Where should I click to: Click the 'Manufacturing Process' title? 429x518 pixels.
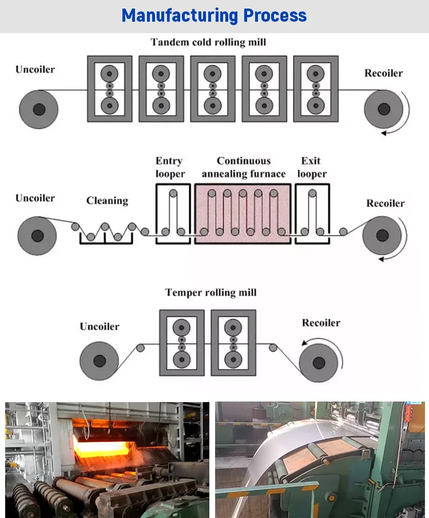coord(214,16)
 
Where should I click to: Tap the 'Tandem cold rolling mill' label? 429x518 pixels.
coord(208,42)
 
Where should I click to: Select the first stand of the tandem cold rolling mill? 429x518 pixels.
coord(109,89)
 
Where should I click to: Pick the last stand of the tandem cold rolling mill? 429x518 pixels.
coord(315,89)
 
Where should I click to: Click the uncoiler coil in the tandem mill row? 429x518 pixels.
coord(39,109)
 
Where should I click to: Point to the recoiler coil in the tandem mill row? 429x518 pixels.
coord(383,109)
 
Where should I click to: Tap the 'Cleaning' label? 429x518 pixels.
coord(107,200)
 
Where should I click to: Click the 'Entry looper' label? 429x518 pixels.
coord(170,167)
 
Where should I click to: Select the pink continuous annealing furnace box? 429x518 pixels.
coord(243,214)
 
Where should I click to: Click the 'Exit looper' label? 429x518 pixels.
coord(312,167)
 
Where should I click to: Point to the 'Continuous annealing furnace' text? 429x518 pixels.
coord(244,167)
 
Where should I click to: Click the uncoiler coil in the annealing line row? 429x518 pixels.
coord(37,235)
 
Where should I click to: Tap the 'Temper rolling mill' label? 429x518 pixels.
coord(210,292)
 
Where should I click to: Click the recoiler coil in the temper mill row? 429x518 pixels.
coord(319,363)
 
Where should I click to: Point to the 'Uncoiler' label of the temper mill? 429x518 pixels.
coord(100,327)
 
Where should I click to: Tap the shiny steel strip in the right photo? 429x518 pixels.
coord(297,440)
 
